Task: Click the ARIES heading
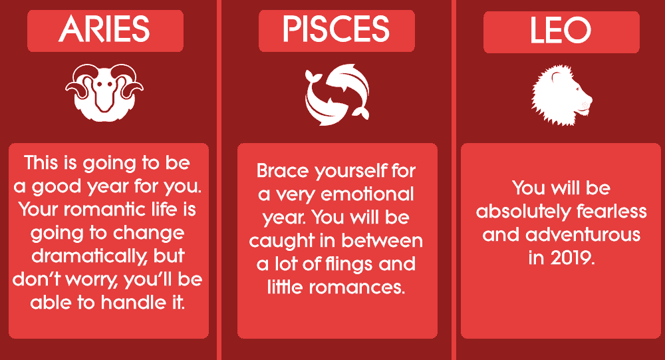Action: tap(104, 29)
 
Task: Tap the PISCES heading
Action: tap(336, 29)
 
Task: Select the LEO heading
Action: tap(561, 30)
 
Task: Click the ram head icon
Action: tap(104, 92)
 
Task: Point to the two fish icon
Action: tap(337, 94)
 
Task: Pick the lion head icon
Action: tap(561, 96)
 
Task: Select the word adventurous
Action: tap(583, 235)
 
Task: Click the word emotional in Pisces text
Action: tap(367, 194)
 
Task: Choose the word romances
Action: tap(356, 287)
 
